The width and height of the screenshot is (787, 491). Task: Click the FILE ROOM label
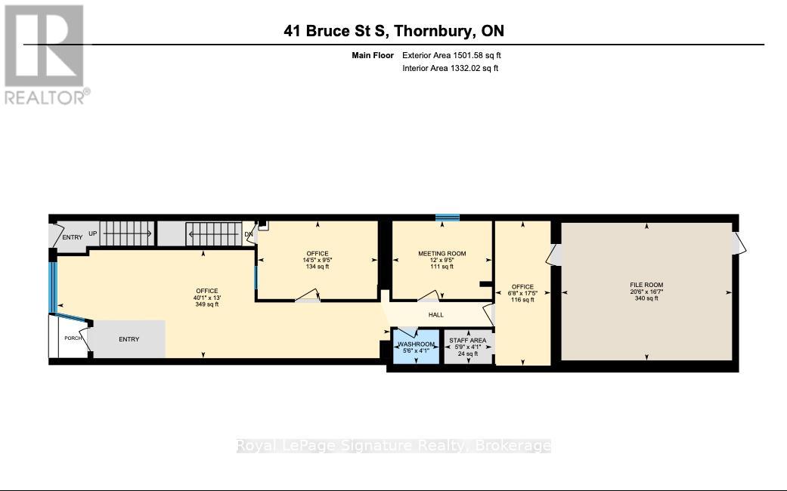pyautogui.click(x=646, y=285)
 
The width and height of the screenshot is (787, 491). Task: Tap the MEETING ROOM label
pyautogui.click(x=442, y=254)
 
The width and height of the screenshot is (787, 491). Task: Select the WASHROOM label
pyautogui.click(x=416, y=344)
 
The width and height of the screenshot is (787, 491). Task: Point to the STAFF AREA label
pyautogui.click(x=468, y=341)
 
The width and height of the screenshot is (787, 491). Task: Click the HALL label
pyautogui.click(x=435, y=315)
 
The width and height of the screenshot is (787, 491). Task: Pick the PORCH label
pyautogui.click(x=73, y=338)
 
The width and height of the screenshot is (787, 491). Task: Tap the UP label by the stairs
pyautogui.click(x=93, y=233)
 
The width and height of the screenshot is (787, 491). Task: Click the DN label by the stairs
pyautogui.click(x=249, y=234)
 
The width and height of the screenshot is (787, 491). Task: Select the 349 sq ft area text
pyautogui.click(x=207, y=304)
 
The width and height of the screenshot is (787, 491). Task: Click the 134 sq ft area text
pyautogui.click(x=318, y=267)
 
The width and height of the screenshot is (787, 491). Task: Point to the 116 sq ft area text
pyautogui.click(x=522, y=300)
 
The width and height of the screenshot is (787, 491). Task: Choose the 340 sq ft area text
pyautogui.click(x=646, y=298)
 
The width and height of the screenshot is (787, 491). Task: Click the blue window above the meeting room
pyautogui.click(x=448, y=218)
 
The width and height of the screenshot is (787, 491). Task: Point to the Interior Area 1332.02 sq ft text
pyautogui.click(x=451, y=68)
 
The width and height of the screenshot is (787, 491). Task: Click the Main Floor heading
pyautogui.click(x=373, y=56)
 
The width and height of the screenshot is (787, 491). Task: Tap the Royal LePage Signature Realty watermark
pyautogui.click(x=394, y=446)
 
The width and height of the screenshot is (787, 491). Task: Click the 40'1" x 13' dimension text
pyautogui.click(x=207, y=298)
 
